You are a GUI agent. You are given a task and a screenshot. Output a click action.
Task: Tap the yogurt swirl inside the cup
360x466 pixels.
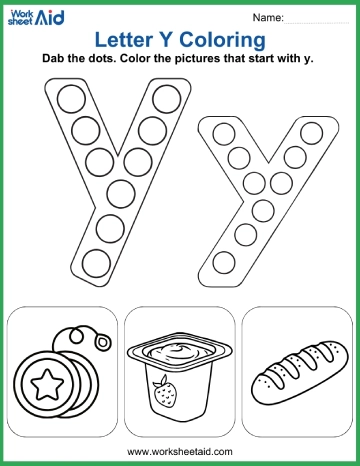pyautogui.click(x=179, y=351)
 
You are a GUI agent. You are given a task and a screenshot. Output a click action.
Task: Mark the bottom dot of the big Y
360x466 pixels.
pyautogui.click(x=95, y=262)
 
